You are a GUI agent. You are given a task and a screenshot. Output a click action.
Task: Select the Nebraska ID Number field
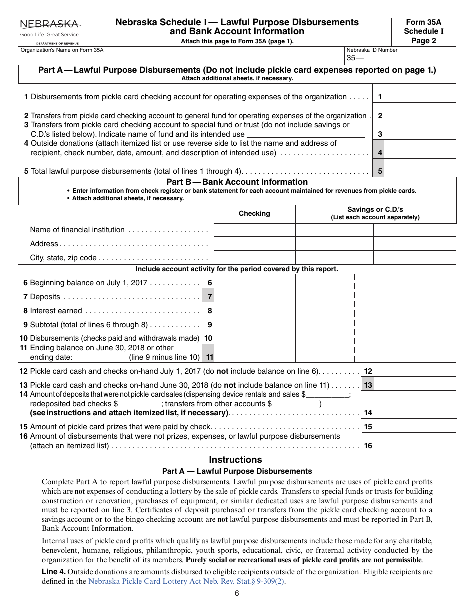click(x=400, y=58)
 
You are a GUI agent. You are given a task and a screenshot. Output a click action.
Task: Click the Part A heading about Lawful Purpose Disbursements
click(x=237, y=70)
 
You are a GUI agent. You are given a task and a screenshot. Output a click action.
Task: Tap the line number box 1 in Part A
click(x=380, y=97)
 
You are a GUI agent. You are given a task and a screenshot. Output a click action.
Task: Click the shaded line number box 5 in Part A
click(x=380, y=171)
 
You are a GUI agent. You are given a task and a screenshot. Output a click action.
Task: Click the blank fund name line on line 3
click(x=306, y=134)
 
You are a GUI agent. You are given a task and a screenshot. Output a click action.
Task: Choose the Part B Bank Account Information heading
click(x=237, y=182)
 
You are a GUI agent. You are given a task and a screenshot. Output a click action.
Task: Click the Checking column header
click(x=254, y=214)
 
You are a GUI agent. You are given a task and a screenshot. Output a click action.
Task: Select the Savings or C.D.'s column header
click(x=375, y=213)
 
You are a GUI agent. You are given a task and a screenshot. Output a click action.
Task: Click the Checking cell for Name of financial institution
click(x=254, y=230)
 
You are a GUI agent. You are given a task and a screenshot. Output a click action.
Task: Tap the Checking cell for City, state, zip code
click(x=254, y=258)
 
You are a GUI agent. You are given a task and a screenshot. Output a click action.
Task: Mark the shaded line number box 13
click(x=368, y=385)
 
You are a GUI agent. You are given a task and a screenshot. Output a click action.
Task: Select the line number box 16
click(x=368, y=446)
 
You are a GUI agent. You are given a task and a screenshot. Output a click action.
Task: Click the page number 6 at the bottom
click(x=237, y=594)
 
